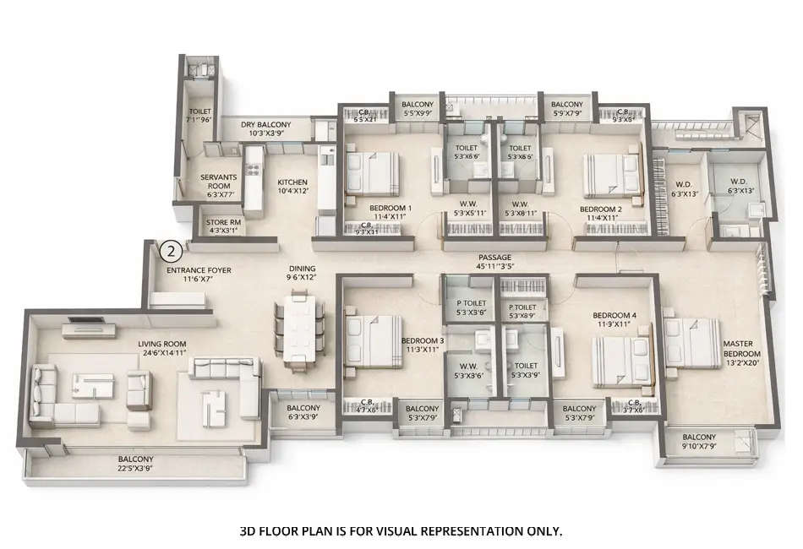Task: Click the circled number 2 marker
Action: pos(171,251)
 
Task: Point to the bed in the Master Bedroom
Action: pos(693,342)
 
